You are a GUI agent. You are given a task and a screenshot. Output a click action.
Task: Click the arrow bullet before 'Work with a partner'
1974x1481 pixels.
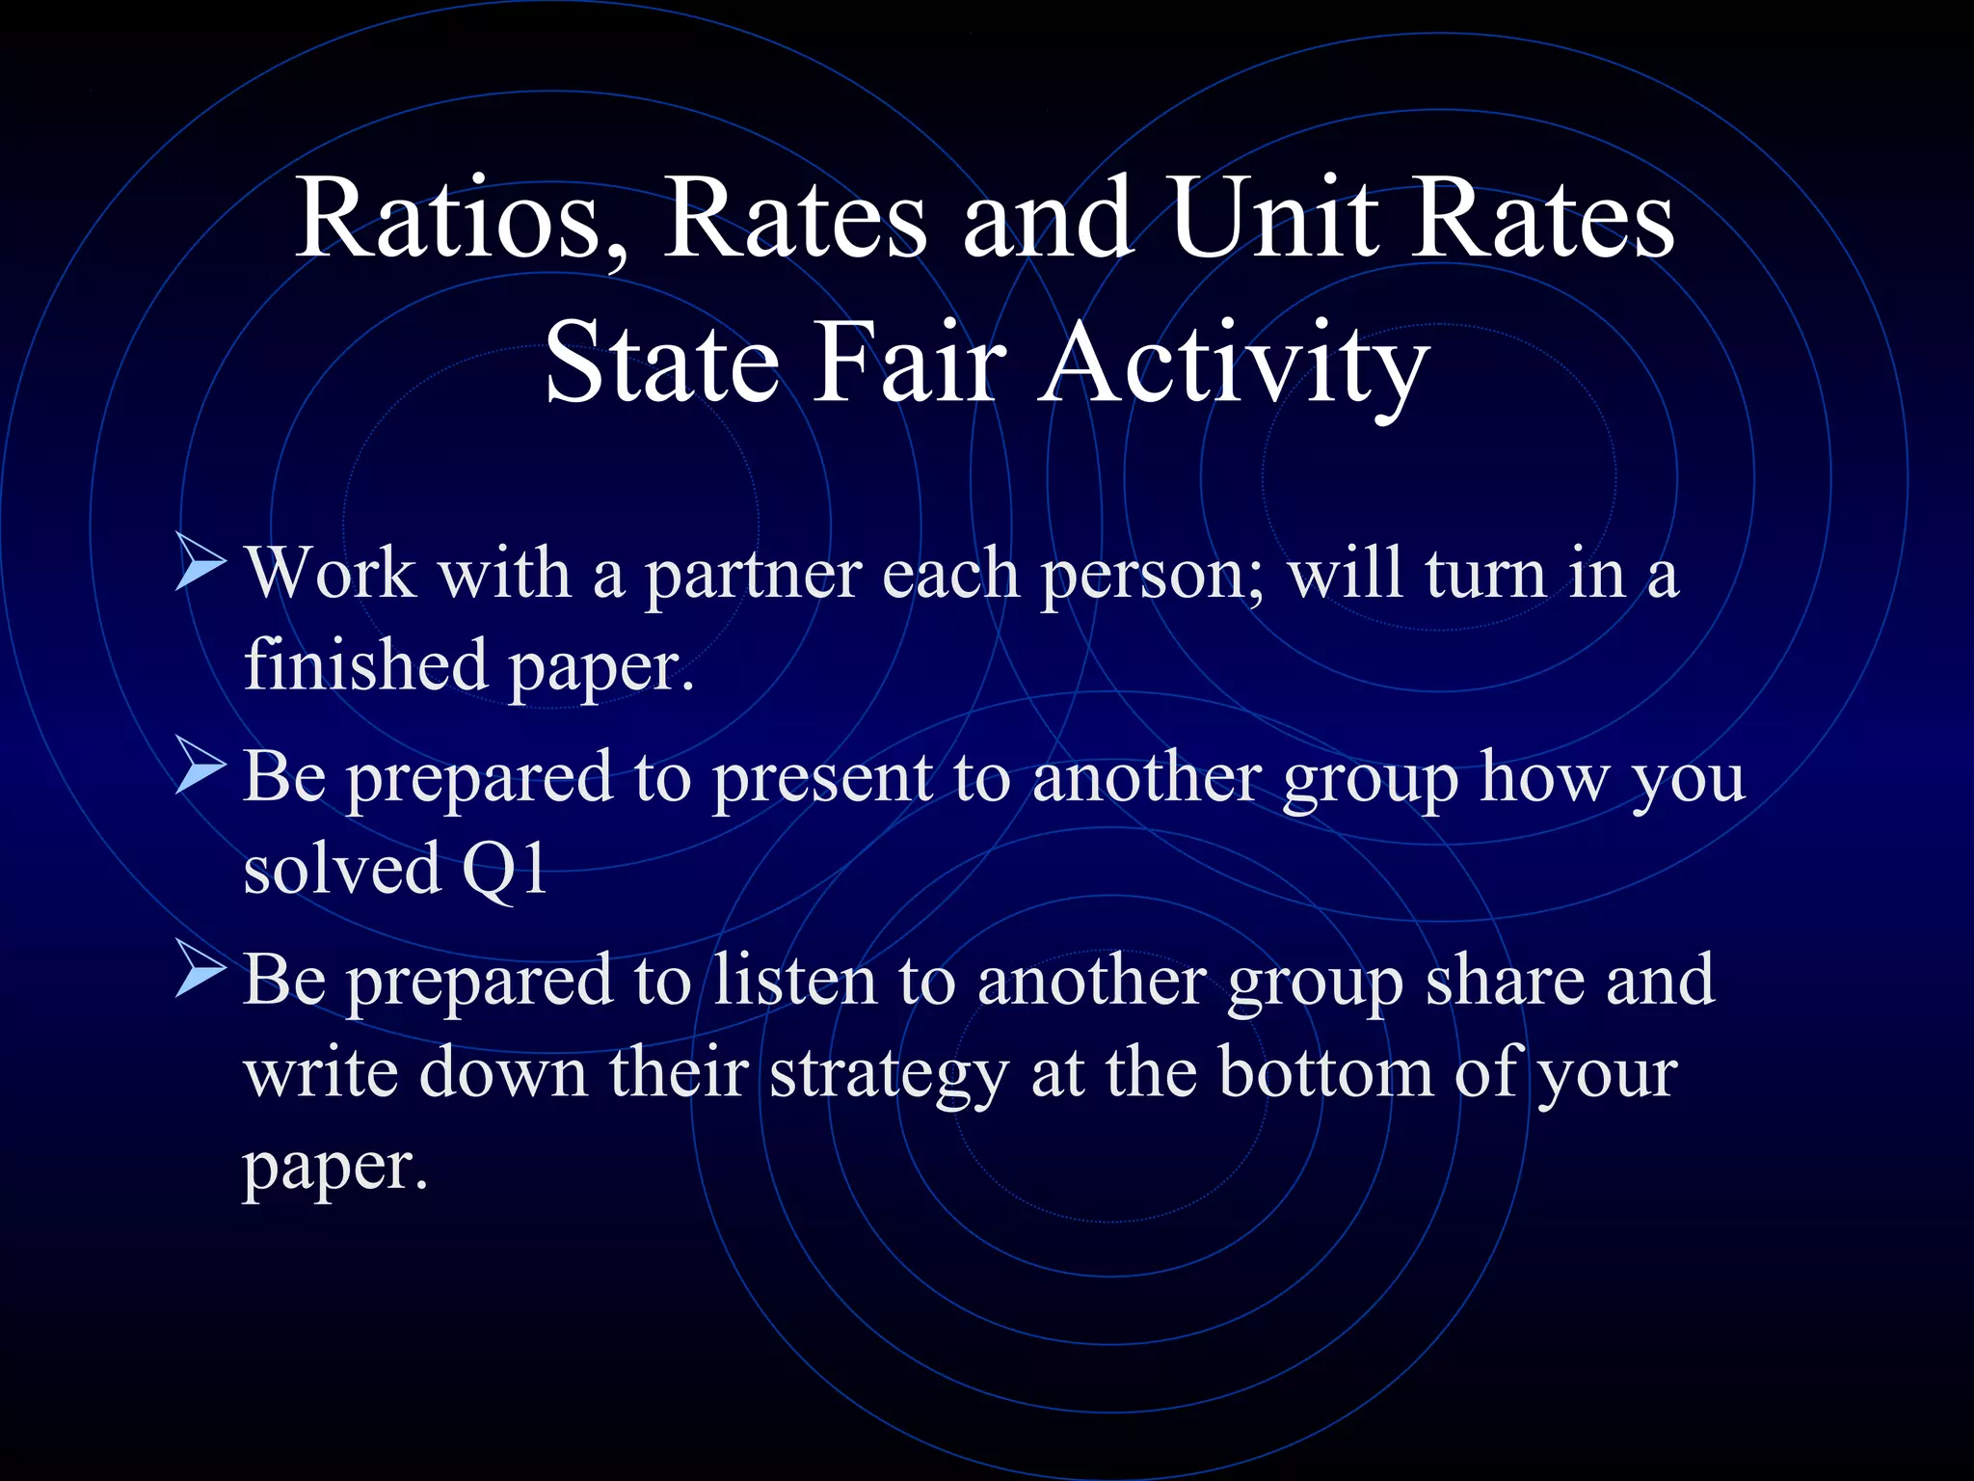[200, 568]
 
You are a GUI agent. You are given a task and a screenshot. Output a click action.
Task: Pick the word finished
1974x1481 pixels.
[365, 665]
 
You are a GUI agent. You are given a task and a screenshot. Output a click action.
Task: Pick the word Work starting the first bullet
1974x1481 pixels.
[331, 574]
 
